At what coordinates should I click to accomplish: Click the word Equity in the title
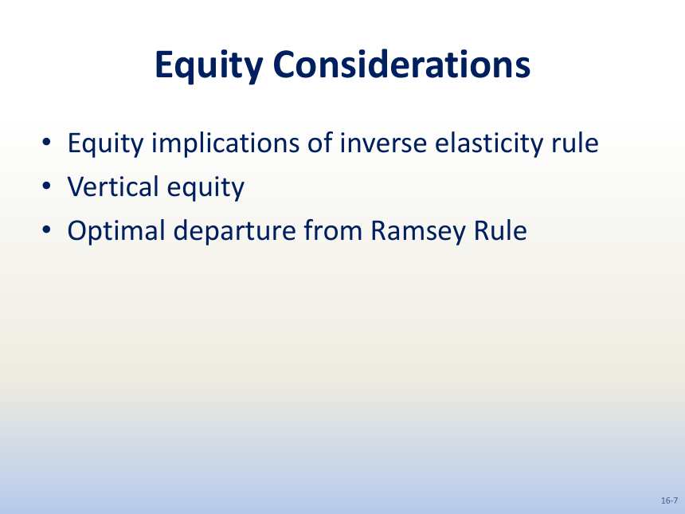(x=209, y=66)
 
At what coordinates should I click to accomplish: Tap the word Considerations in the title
(x=401, y=64)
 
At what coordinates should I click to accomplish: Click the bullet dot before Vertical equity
(x=46, y=186)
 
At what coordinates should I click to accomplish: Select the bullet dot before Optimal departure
(x=46, y=230)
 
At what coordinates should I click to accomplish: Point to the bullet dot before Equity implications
(x=46, y=142)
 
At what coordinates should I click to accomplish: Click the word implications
(x=225, y=143)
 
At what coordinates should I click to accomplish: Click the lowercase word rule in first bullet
(x=575, y=143)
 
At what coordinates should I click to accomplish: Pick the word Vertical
(x=113, y=186)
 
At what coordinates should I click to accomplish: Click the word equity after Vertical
(x=205, y=188)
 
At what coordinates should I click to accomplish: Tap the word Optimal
(x=116, y=230)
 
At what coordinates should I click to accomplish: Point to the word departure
(x=235, y=230)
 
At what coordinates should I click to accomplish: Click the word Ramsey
(x=418, y=232)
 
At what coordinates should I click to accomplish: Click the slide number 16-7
(x=670, y=500)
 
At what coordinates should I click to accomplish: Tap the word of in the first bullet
(x=319, y=143)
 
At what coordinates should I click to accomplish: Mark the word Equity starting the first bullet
(x=105, y=143)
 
